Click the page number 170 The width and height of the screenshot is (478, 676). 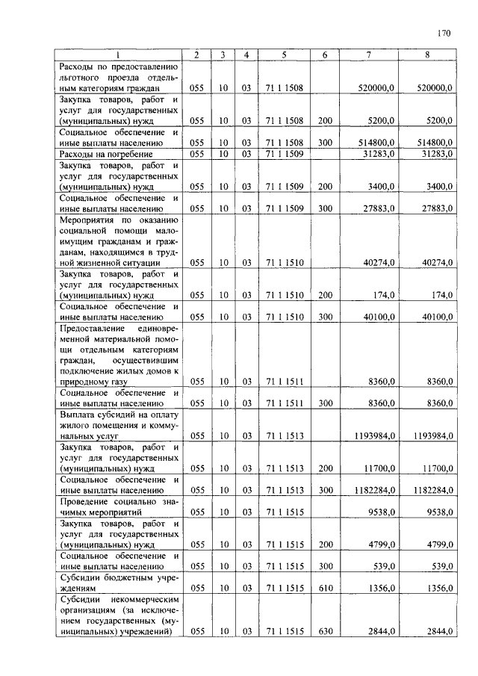coord(445,33)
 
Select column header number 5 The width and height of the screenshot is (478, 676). coord(284,55)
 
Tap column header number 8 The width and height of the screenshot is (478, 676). coord(426,55)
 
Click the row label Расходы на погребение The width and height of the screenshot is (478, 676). coord(106,153)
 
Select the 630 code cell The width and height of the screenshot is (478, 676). coord(325,632)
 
